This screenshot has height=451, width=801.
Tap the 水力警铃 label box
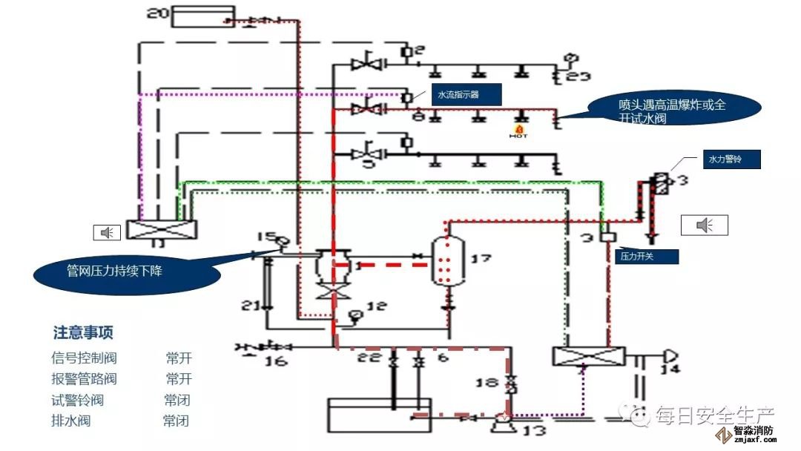(x=724, y=159)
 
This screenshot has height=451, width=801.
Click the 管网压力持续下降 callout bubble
(x=126, y=271)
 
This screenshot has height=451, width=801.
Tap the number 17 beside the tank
(x=481, y=259)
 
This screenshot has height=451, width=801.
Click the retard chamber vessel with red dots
(x=444, y=259)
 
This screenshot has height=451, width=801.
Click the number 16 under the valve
(x=275, y=361)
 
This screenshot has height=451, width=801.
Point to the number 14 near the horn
(x=670, y=369)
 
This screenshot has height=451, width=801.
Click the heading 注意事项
(x=83, y=333)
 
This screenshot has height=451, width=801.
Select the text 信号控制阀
(x=84, y=358)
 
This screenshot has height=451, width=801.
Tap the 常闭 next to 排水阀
(x=176, y=421)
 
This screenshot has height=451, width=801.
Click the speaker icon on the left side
(x=108, y=233)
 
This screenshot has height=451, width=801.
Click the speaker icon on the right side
(x=705, y=225)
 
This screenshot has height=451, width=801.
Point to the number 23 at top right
(x=578, y=75)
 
